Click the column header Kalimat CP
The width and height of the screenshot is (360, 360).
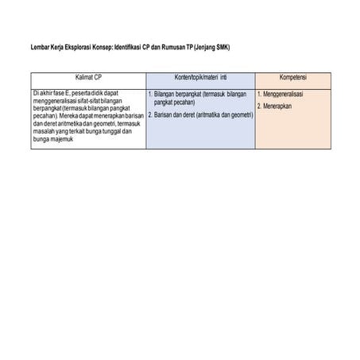[x=88, y=78]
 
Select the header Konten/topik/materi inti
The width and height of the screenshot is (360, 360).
[x=199, y=78]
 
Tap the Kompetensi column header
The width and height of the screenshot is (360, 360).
[x=293, y=78]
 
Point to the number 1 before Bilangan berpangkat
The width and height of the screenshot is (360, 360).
[x=151, y=94]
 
